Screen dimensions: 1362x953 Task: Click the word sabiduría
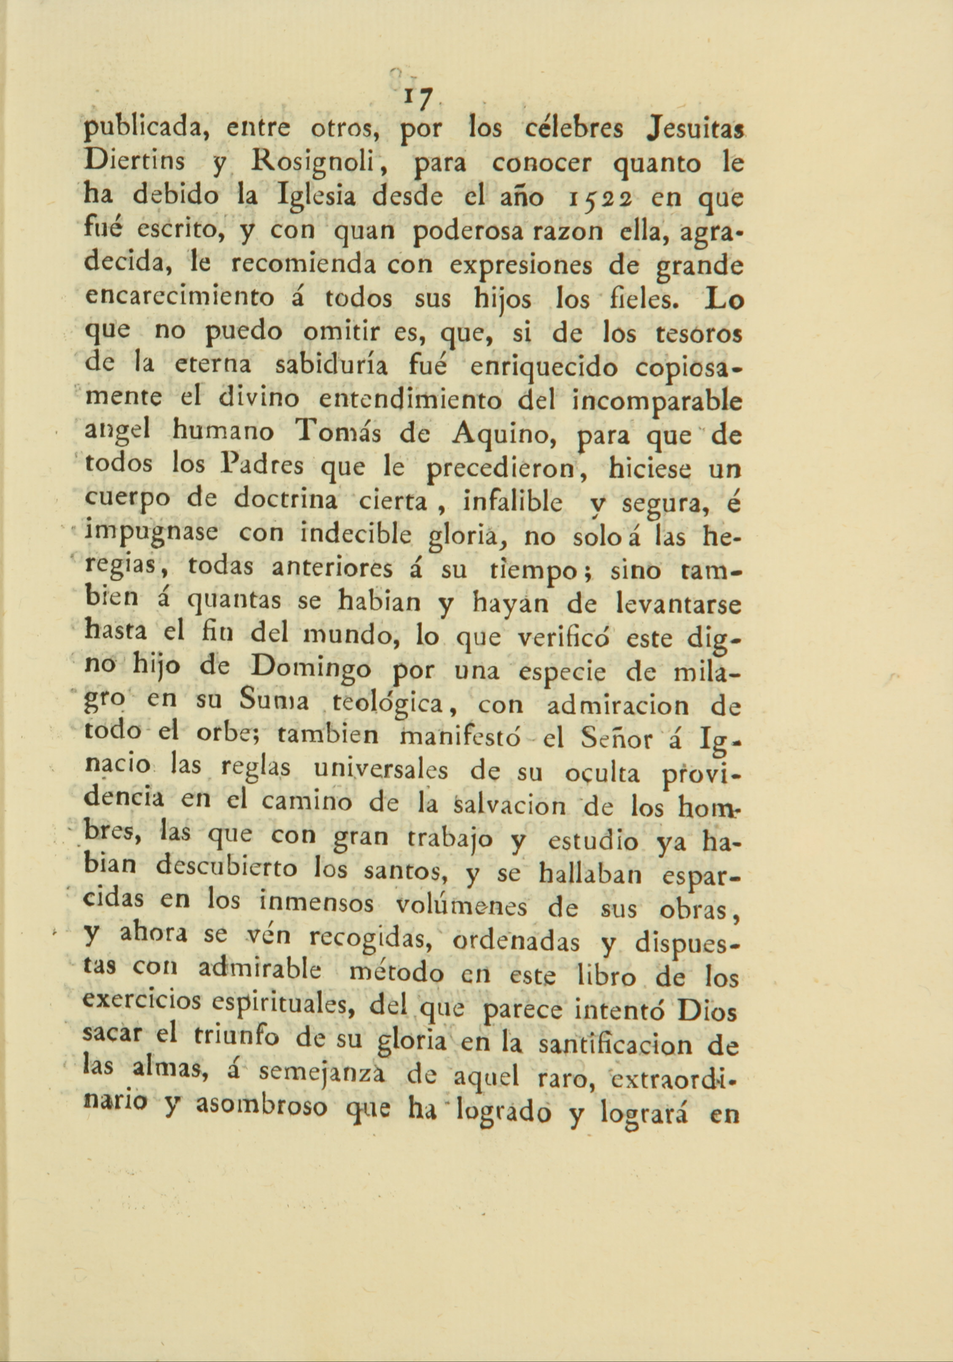tap(333, 367)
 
